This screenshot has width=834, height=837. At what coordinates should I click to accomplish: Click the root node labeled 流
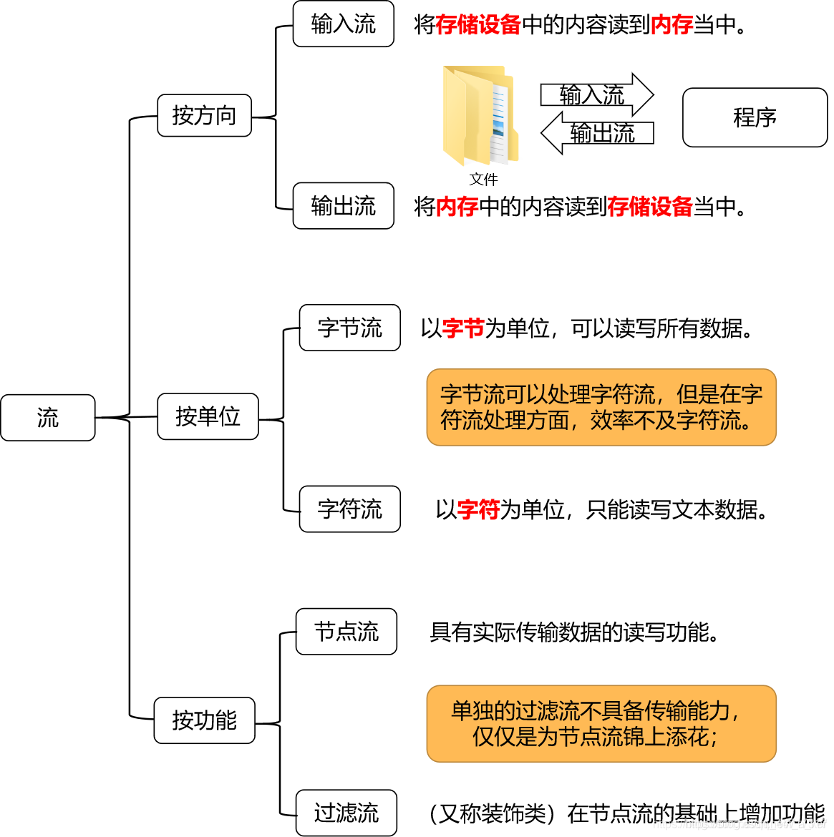[48, 418]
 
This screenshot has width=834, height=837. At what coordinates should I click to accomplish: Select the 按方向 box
[204, 115]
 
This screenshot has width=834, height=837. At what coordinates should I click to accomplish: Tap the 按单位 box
[208, 416]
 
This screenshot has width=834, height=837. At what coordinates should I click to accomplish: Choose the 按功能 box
[204, 720]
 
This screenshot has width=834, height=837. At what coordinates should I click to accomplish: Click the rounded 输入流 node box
[344, 24]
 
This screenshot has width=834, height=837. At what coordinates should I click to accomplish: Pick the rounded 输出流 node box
[344, 206]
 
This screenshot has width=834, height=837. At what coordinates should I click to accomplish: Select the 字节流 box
[349, 328]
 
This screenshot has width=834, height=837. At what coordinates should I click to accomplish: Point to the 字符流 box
[349, 509]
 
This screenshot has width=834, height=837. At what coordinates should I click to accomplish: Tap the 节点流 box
[346, 632]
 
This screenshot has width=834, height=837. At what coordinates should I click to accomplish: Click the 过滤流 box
[346, 813]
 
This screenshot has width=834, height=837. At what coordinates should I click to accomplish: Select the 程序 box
[755, 117]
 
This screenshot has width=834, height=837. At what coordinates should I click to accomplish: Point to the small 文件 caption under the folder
[483, 179]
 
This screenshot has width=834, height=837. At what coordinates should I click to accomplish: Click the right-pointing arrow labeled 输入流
[596, 94]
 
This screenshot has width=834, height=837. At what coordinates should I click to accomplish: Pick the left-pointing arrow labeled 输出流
[597, 133]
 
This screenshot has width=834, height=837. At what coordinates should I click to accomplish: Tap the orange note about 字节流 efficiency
[601, 407]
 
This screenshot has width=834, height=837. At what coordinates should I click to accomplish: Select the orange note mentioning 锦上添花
[601, 723]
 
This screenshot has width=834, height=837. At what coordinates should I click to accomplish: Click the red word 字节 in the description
[463, 328]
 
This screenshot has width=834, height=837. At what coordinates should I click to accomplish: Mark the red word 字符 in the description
[478, 510]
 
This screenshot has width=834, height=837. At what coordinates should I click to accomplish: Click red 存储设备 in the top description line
[477, 25]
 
